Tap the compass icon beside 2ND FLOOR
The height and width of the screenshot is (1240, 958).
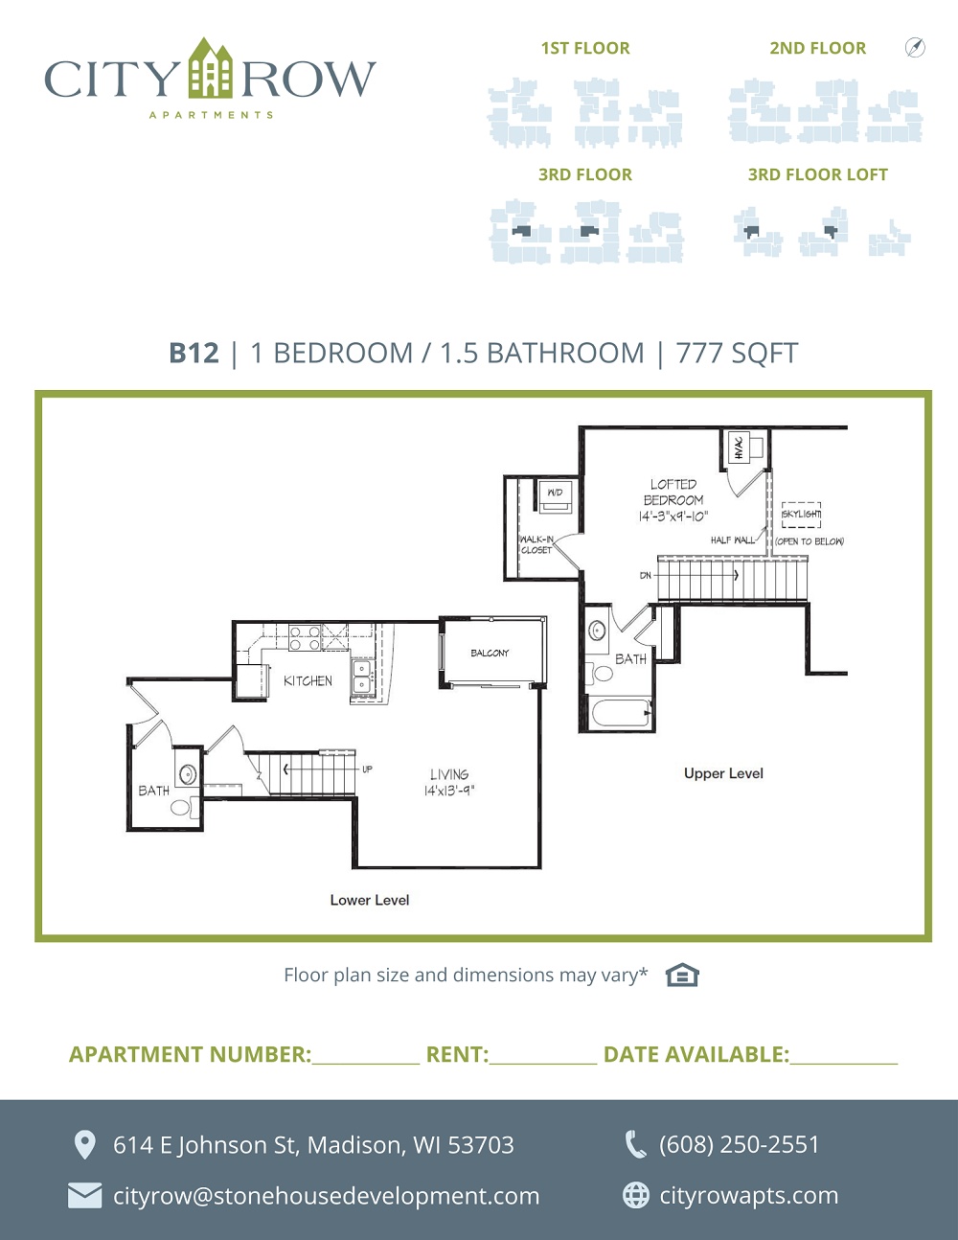915,47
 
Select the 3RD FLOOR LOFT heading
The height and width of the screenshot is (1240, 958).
818,174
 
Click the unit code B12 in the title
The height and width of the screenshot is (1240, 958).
194,353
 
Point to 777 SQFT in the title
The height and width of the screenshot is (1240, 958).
737,353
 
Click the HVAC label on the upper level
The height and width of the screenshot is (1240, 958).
740,448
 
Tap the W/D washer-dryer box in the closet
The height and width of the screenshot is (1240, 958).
555,495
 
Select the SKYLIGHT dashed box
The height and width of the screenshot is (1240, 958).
801,515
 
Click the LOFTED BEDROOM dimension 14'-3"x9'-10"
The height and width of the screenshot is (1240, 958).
673,517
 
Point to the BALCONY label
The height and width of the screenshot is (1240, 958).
490,653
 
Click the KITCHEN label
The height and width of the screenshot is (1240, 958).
308,680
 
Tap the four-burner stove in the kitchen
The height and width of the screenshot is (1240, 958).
305,638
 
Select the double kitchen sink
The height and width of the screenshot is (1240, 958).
361,676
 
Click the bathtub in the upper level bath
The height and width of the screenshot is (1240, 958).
622,713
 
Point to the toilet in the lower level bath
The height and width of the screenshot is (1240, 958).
184,808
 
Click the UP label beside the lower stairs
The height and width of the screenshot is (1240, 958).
367,769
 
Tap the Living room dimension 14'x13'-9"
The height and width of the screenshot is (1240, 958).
449,791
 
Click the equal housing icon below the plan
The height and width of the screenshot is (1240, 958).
682,975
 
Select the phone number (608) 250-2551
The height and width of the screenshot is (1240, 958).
739,1144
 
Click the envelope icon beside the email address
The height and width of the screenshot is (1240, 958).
85,1196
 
